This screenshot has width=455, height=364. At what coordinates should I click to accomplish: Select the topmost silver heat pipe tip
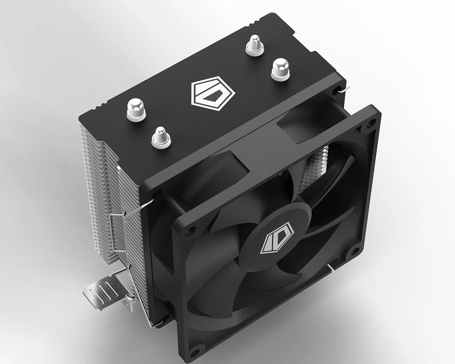(254, 45)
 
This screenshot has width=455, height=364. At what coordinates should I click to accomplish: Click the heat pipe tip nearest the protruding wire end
(280, 69)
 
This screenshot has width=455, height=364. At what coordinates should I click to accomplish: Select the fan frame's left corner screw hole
(189, 230)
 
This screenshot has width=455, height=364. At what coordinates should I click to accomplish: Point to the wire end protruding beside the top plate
(344, 89)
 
